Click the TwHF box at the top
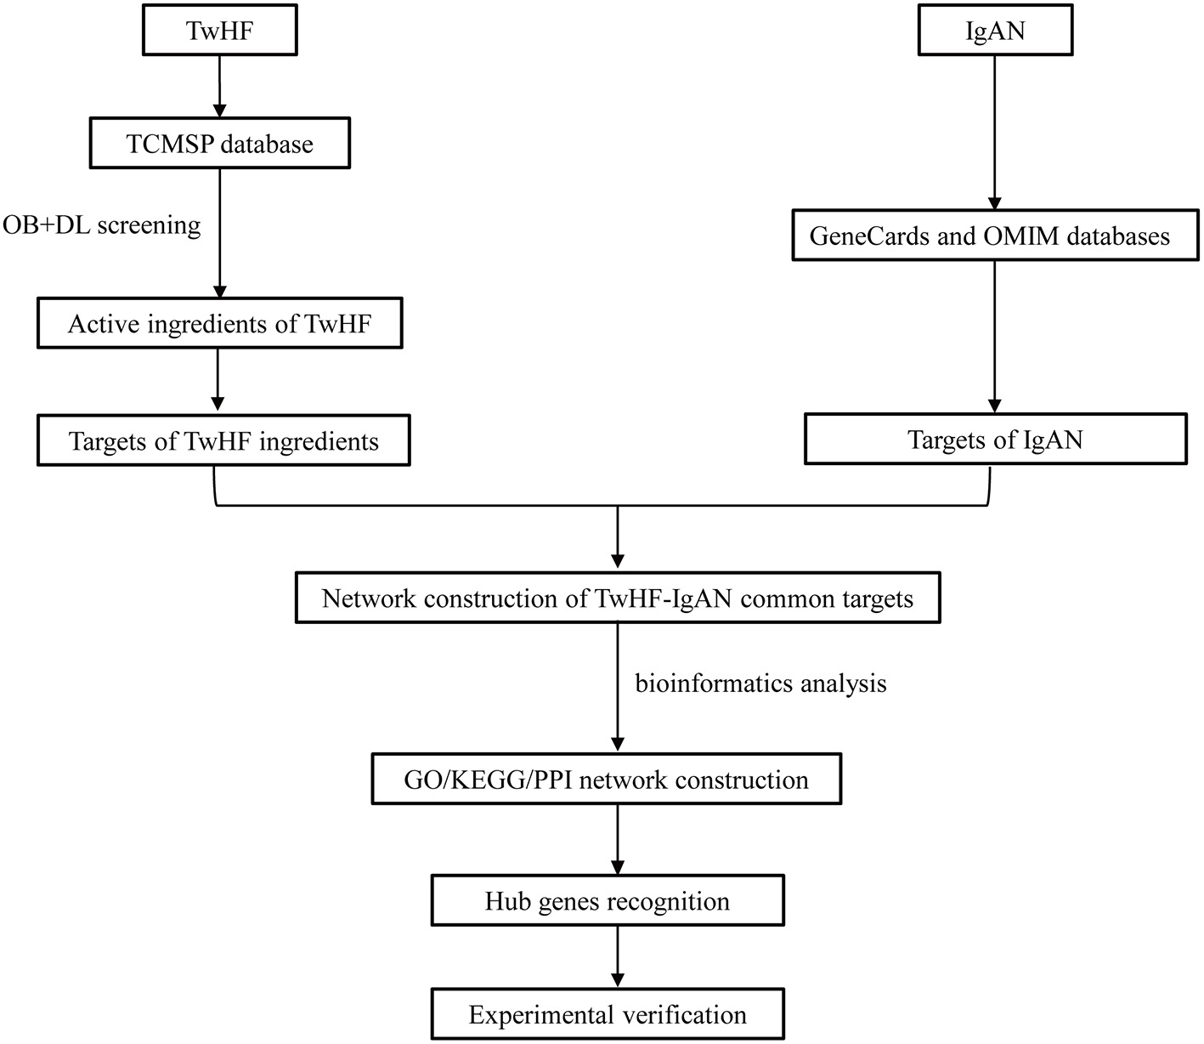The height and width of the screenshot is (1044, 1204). pyautogui.click(x=219, y=31)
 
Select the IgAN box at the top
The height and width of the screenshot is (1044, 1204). pyautogui.click(x=995, y=31)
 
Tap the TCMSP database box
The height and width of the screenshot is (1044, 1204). pyautogui.click(x=219, y=144)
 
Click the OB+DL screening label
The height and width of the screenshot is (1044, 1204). pyautogui.click(x=102, y=224)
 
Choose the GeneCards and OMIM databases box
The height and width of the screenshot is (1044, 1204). pyautogui.click(x=990, y=235)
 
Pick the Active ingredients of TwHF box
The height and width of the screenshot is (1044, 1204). pyautogui.click(x=219, y=324)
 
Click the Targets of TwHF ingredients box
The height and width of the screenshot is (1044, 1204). pyautogui.click(x=223, y=440)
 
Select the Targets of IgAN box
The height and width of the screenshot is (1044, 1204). pyautogui.click(x=995, y=439)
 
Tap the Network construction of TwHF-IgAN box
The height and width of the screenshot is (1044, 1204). pyautogui.click(x=618, y=599)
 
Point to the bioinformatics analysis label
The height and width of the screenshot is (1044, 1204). pyautogui.click(x=760, y=683)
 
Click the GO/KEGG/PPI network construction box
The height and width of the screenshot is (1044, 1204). pyautogui.click(x=606, y=780)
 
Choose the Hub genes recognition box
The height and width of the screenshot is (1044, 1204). pyautogui.click(x=607, y=901)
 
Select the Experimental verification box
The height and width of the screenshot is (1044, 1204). pyautogui.click(x=607, y=1014)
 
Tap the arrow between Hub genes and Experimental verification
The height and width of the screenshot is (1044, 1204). pyautogui.click(x=618, y=956)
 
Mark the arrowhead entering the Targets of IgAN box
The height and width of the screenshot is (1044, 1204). pyautogui.click(x=995, y=406)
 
